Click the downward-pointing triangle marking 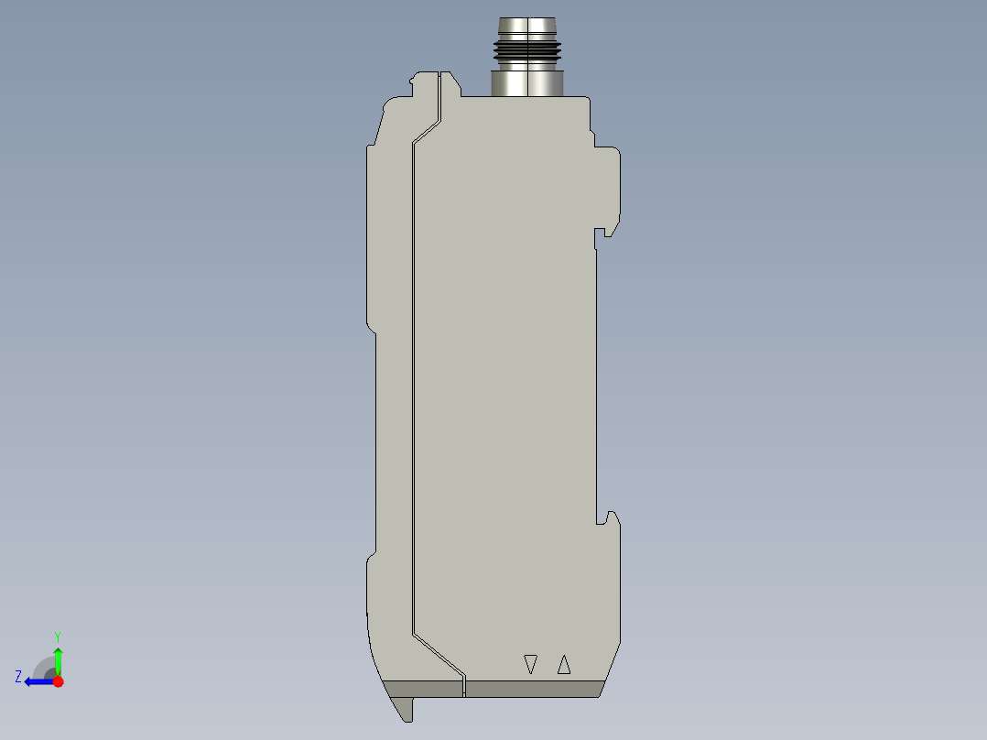point(529,664)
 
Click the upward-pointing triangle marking point(564,664)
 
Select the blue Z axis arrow point(37,681)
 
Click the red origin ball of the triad point(58,681)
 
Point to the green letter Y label point(58,636)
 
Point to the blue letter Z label point(18,676)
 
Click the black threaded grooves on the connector point(527,54)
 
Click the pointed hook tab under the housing point(403,706)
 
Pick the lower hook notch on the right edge point(604,518)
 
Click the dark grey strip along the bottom point(531,689)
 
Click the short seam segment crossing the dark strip point(464,688)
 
